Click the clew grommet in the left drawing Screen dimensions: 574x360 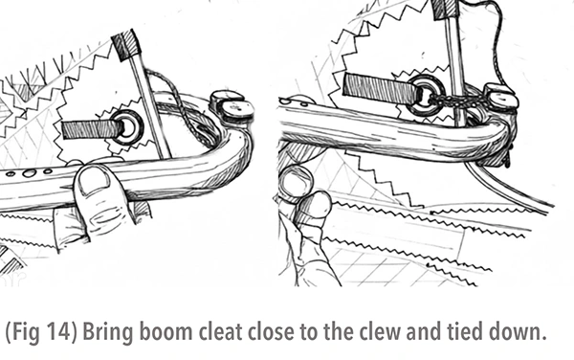coord(127,127)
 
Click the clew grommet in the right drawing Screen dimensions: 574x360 coord(426,95)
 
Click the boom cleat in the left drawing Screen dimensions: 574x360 coord(232,106)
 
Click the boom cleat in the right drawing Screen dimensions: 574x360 coord(500,97)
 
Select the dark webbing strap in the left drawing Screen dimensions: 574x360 coord(92,130)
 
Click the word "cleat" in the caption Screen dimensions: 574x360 coord(219,332)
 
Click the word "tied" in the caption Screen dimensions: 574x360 coord(465,332)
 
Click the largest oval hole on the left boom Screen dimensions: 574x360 coord(30,173)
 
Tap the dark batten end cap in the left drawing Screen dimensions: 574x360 coord(126,45)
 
